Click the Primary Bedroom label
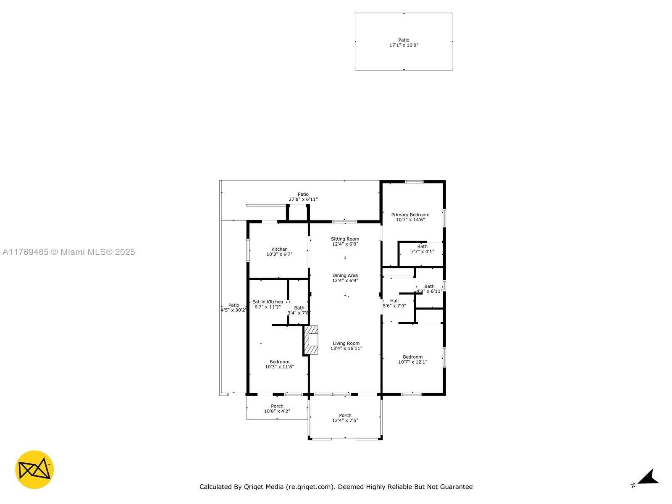coord(410,215)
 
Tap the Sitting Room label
coord(345,239)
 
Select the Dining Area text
coord(345,276)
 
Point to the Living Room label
coord(346,343)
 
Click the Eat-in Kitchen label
coord(268,302)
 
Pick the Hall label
coord(394,301)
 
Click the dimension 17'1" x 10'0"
coord(404,45)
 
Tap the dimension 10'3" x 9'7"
coord(279,254)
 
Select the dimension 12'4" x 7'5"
coord(345,420)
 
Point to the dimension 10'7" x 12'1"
coord(413,362)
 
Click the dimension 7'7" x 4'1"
coord(422,252)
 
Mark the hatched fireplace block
coord(311,340)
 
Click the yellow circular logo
coord(34,470)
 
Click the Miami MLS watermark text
coord(68,252)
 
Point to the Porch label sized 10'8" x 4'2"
coord(277,406)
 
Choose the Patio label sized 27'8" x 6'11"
coord(303,194)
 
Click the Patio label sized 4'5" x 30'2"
coord(234,305)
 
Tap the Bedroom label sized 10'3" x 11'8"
coord(279,362)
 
